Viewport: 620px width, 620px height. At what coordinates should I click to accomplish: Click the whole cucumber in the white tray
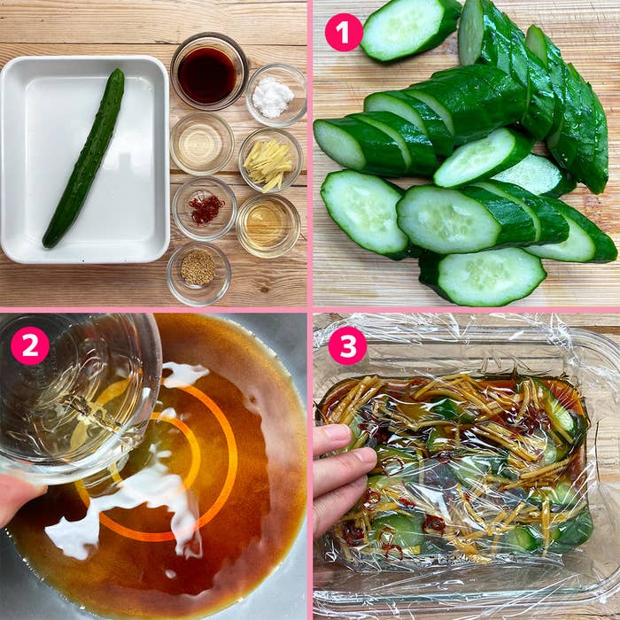[84, 159]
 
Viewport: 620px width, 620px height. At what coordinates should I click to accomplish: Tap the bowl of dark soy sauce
[208, 71]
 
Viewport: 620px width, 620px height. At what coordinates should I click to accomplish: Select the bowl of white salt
[275, 95]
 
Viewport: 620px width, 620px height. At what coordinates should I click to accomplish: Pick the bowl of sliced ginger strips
[270, 160]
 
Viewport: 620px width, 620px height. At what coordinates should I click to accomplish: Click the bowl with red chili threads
[205, 208]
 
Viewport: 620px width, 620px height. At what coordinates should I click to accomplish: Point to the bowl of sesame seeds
[198, 274]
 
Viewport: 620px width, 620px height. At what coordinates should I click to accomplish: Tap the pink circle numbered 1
[344, 33]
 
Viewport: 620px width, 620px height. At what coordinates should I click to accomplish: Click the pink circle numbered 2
[30, 345]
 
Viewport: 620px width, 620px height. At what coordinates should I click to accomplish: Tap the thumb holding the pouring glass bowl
[19, 499]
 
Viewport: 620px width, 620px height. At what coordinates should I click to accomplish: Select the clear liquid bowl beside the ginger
[202, 143]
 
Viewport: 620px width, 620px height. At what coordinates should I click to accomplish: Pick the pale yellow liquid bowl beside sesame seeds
[268, 226]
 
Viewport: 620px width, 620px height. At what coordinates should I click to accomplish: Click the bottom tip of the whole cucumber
[47, 244]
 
